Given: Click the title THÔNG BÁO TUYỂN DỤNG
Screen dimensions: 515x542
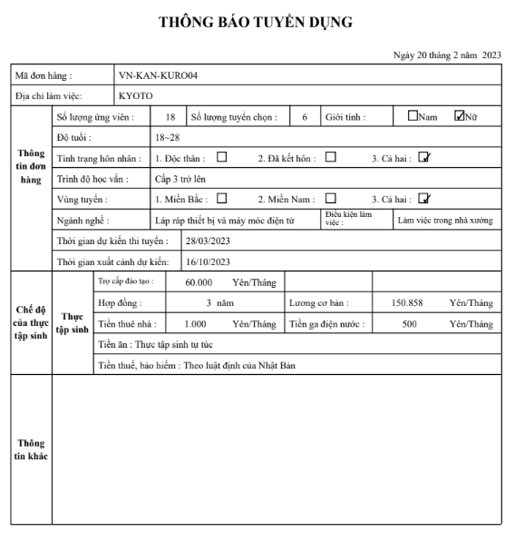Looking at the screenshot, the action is click(256, 21).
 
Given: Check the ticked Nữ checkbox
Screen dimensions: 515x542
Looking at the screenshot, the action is click(460, 115).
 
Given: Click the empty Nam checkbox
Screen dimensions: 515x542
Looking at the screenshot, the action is click(413, 115).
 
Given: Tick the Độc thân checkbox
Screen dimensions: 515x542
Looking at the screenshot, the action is click(221, 156).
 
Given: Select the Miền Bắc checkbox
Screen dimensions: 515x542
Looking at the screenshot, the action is click(221, 198).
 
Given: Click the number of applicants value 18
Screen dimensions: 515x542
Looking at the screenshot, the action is click(170, 117).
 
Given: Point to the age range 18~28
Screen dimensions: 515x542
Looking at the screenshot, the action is click(168, 137).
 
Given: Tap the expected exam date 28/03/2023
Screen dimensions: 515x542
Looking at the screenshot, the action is click(209, 242).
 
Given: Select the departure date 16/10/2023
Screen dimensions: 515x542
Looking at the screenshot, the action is click(209, 262).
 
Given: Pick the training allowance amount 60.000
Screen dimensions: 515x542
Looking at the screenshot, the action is click(199, 283).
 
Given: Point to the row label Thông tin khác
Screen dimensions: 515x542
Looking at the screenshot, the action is click(31, 449).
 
